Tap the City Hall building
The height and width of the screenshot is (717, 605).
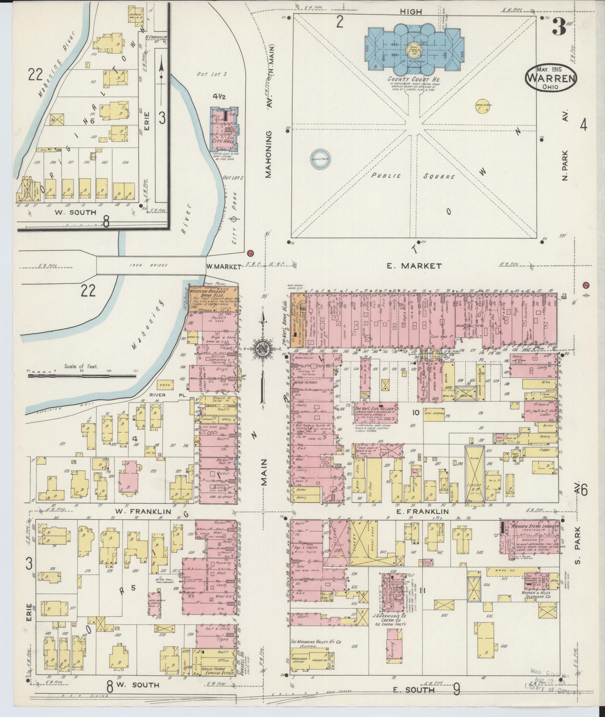point(224,127)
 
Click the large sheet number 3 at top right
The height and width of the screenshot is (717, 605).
point(558,27)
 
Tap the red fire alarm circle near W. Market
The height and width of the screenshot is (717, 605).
point(250,253)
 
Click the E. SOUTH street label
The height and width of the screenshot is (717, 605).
point(414,690)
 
